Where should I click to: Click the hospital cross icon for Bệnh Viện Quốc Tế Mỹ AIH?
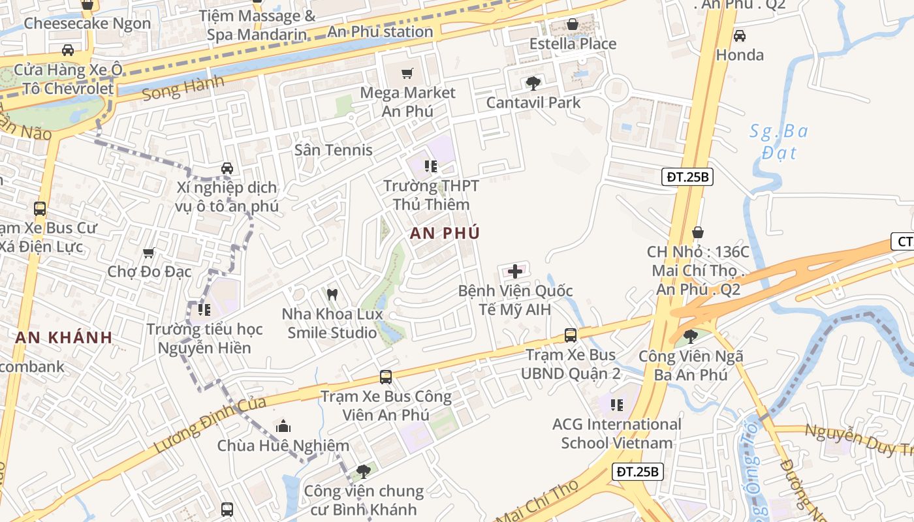(515, 271)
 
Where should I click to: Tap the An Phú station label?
(380, 31)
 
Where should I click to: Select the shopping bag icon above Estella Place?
(573, 25)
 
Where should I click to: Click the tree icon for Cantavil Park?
(533, 83)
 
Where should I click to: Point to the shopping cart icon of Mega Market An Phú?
(407, 73)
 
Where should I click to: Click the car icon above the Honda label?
(739, 36)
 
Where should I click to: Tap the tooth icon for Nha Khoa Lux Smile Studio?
(332, 294)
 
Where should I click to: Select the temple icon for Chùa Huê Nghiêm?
(283, 426)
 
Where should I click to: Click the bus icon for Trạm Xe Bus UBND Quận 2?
(571, 335)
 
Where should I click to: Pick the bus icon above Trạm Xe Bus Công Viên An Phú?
(386, 376)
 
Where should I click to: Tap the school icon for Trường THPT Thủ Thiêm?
(430, 166)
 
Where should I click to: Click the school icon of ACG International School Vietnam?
(616, 405)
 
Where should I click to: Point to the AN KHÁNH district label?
(63, 337)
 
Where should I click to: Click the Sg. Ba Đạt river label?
(779, 142)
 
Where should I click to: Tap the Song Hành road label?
(182, 89)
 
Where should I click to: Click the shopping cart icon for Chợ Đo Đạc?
(149, 253)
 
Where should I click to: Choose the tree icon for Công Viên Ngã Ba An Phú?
(690, 337)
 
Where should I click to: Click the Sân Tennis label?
(333, 149)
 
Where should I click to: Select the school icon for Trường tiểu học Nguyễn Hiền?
(204, 309)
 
